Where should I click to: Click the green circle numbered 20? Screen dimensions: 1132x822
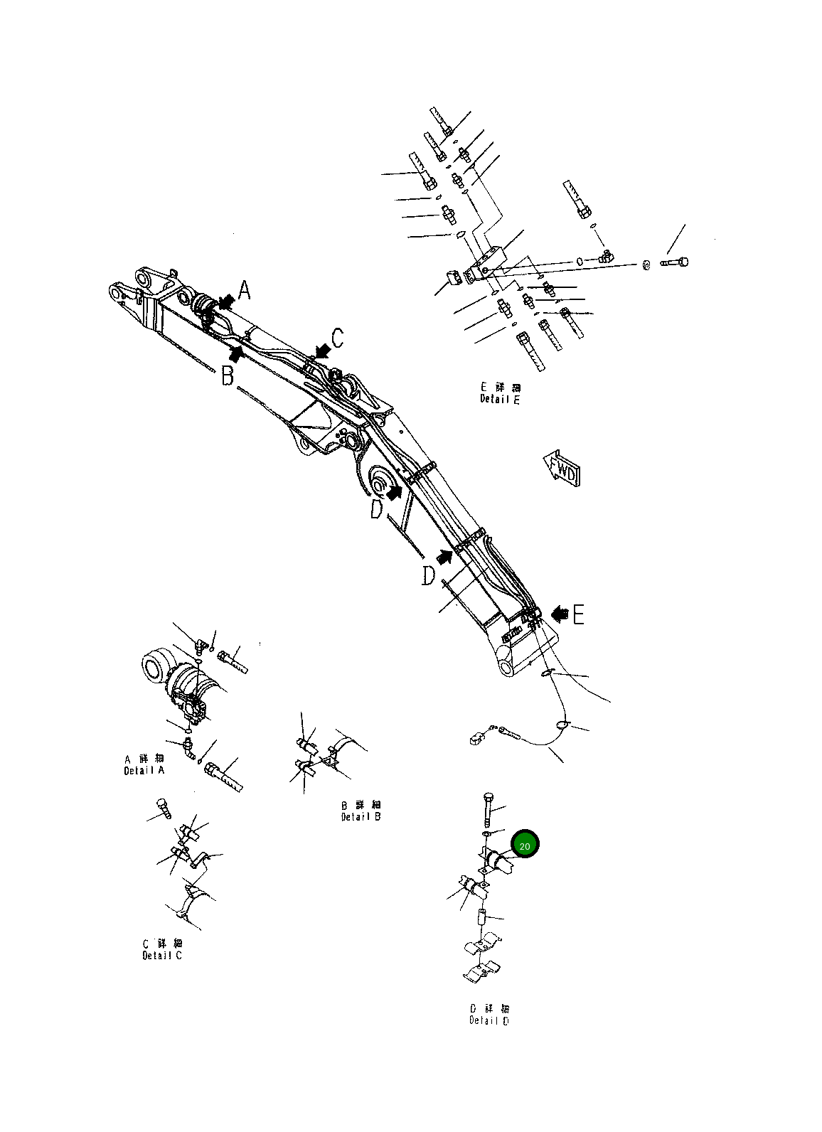(525, 845)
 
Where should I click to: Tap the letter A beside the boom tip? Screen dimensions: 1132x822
(245, 292)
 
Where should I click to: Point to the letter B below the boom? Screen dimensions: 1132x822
(227, 375)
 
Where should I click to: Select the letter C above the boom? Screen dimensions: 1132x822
(338, 338)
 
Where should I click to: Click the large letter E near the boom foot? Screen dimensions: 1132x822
(578, 614)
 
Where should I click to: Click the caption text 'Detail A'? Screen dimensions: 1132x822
(144, 771)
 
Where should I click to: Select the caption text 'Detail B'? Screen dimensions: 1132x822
(361, 817)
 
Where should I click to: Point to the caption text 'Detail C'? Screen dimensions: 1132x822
(162, 955)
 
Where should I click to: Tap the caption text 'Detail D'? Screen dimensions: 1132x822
(489, 1020)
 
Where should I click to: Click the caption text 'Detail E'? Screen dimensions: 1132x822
(500, 400)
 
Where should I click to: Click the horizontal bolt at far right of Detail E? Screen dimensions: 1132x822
(675, 262)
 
